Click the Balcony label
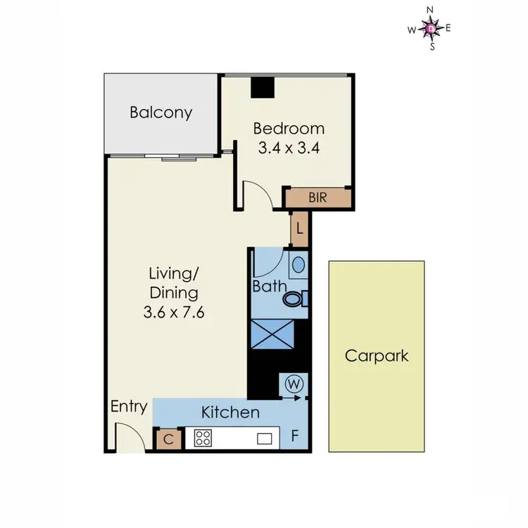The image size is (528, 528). tap(161, 113)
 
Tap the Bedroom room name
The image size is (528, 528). tap(289, 129)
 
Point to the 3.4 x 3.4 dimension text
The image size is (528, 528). tap(289, 149)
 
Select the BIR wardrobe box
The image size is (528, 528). tap(317, 198)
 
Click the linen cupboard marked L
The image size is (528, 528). tap(299, 229)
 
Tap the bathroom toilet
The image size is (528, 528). tap(294, 299)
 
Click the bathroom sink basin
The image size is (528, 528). tap(298, 266)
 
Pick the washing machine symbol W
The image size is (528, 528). tap(294, 384)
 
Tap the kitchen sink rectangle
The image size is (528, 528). tap(265, 439)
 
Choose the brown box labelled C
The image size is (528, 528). tap(169, 439)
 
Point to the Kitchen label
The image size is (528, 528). tap(230, 413)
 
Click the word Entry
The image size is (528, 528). tap(130, 407)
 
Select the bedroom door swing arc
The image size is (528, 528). tap(257, 194)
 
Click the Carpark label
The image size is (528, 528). tap(376, 356)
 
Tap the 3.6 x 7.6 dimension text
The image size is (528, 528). tap(173, 313)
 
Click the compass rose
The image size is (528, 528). tap(432, 28)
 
